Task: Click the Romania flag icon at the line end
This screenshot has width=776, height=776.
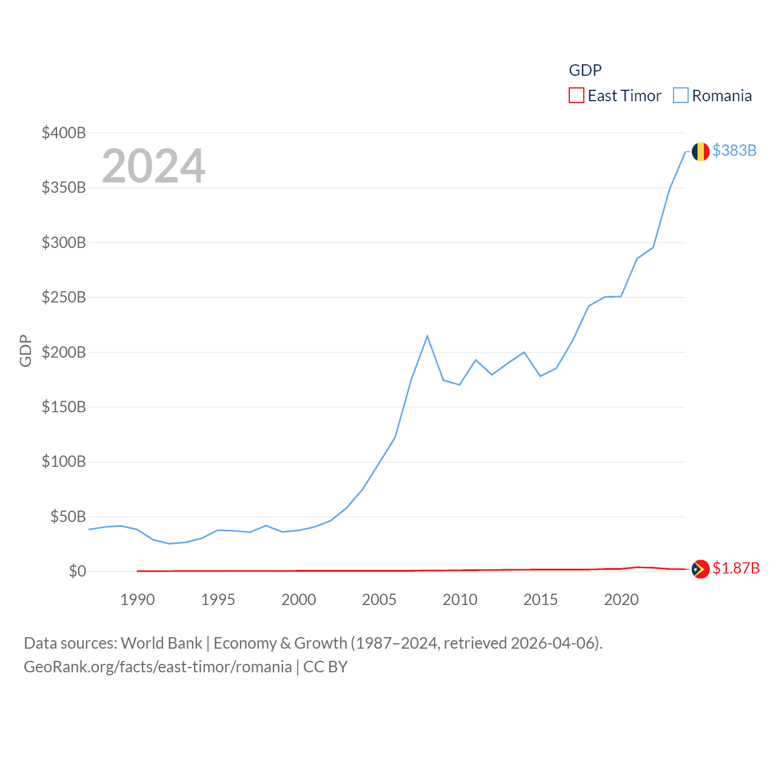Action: [700, 152]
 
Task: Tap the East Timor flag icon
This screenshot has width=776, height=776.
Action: [700, 569]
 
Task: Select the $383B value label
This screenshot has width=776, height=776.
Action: [734, 150]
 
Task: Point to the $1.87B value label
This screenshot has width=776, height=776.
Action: [736, 569]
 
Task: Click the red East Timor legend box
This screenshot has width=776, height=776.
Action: [576, 96]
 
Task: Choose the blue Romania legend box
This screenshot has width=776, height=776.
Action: [681, 96]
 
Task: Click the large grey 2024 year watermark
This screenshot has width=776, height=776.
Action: [153, 166]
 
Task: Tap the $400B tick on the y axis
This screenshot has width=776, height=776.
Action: [64, 133]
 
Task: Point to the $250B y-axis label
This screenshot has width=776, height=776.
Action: [64, 297]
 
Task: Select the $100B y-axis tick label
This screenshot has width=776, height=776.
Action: [64, 461]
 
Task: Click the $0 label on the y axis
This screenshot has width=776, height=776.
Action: [77, 571]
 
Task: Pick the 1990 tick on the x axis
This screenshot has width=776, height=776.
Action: [138, 600]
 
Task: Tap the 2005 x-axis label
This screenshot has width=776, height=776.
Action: [379, 600]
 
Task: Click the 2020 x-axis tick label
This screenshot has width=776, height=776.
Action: [621, 600]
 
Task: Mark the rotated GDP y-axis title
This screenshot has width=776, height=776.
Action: [25, 350]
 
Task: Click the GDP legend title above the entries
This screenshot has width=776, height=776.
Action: [585, 70]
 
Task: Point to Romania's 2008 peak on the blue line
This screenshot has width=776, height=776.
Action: [427, 336]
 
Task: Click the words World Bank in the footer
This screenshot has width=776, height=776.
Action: [161, 643]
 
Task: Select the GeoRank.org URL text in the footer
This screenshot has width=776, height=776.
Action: [158, 667]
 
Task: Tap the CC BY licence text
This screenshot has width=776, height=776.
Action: [326, 667]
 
